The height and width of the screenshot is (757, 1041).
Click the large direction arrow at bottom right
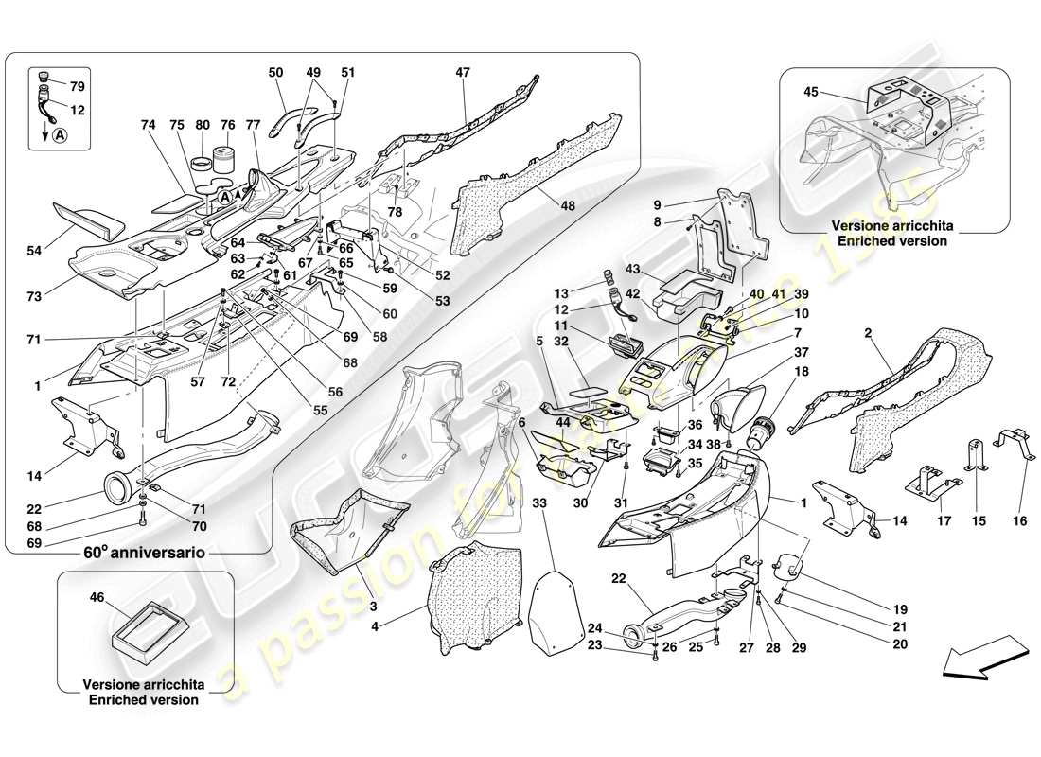pos(982,659)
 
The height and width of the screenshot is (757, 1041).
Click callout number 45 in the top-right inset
pos(810,93)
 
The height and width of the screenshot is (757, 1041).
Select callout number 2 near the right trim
pos(869,333)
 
